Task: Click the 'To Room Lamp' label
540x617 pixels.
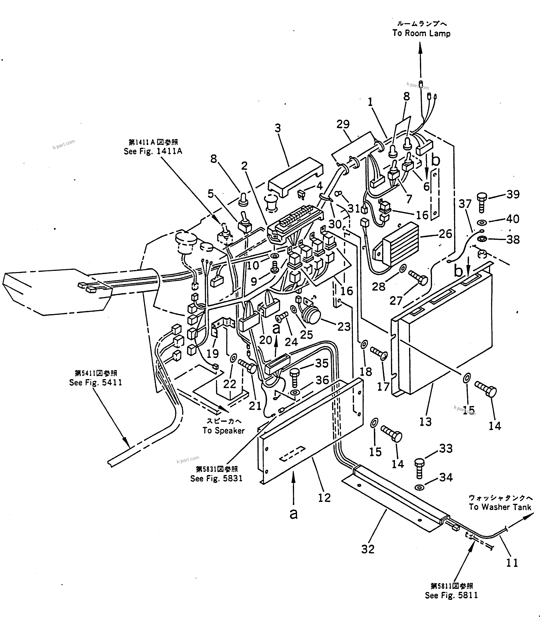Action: pos(421,33)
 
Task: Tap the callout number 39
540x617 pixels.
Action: pos(513,194)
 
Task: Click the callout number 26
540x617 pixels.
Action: pos(445,234)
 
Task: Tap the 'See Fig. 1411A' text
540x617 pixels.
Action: pos(153,151)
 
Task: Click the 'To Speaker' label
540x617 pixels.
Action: pos(223,431)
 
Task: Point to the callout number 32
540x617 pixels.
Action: pos(368,549)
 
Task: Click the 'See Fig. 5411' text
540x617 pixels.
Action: pos(96,383)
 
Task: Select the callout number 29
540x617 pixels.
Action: pos(343,124)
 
